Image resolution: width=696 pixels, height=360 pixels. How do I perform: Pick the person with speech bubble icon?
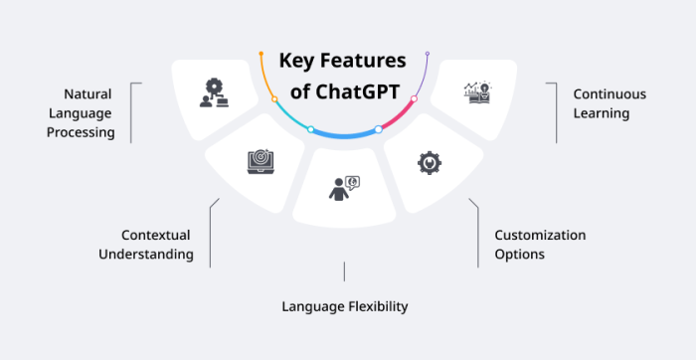(x=343, y=188)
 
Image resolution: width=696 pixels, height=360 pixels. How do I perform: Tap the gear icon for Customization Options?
(x=429, y=163)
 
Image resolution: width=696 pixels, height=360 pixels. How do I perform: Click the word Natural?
(x=87, y=94)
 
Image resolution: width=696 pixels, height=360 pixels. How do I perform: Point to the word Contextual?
(x=155, y=236)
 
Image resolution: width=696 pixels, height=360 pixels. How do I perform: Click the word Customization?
(x=540, y=236)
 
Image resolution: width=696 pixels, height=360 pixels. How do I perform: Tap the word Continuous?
(x=609, y=94)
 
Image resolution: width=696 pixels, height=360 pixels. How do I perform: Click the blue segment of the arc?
(x=344, y=134)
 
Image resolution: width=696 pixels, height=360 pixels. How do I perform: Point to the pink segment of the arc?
(x=399, y=115)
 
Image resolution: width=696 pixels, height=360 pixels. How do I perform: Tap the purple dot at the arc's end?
(x=428, y=53)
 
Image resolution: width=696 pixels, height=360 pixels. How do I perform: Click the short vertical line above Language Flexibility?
(x=344, y=270)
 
